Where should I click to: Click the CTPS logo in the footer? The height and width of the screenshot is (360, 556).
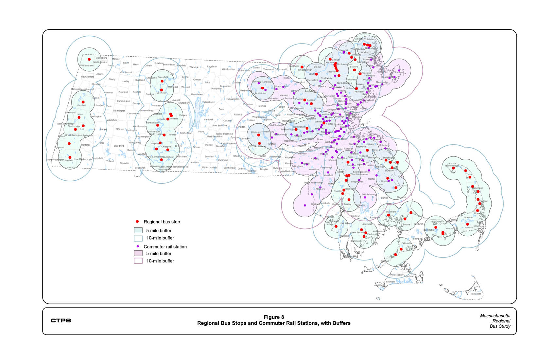pos(61,320)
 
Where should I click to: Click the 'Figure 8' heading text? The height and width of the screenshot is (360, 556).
pos(274,317)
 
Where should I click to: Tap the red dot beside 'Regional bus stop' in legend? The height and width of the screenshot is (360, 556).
pos(137,222)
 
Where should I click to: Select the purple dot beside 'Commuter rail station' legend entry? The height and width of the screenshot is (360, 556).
pos(138,246)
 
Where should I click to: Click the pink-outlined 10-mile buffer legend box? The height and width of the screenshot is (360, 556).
pos(138,261)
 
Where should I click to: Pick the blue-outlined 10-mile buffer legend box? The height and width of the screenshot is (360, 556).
pos(138,238)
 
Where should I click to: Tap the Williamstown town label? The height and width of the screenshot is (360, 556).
pos(87,65)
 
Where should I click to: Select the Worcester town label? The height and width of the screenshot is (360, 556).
pos(256,132)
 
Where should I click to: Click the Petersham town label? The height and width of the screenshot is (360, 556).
pos(208,102)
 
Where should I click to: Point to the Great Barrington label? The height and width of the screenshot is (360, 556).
pos(73,135)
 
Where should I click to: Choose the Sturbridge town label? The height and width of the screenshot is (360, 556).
pos(223,160)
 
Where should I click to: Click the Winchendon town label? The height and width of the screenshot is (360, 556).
pos(228,69)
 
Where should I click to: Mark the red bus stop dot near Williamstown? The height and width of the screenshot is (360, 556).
pos(89,59)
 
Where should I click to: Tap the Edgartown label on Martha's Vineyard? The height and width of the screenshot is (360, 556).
pos(409,276)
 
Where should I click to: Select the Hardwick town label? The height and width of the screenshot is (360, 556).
pos(209,119)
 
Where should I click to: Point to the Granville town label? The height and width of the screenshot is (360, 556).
pos(124,163)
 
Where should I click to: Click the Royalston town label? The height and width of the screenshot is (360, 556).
pos(212,66)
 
